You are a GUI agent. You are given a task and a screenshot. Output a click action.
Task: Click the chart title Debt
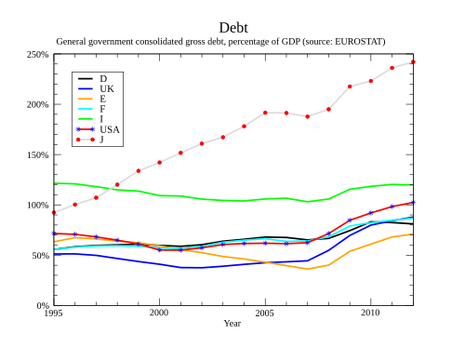pyautogui.click(x=233, y=28)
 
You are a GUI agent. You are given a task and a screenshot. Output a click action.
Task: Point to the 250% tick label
pyautogui.click(x=37, y=55)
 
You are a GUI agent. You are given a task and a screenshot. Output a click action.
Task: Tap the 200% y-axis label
pyautogui.click(x=37, y=105)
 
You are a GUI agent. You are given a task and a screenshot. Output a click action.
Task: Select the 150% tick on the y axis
pyautogui.click(x=37, y=155)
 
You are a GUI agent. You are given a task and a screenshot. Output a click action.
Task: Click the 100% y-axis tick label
pyautogui.click(x=37, y=206)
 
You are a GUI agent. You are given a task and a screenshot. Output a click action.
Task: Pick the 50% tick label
pyautogui.click(x=40, y=256)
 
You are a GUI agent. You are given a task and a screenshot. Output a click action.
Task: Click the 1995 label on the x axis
pyautogui.click(x=53, y=313)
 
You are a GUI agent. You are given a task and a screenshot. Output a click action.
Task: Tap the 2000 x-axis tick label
pyautogui.click(x=159, y=313)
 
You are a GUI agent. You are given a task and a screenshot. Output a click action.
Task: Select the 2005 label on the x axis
pyautogui.click(x=265, y=313)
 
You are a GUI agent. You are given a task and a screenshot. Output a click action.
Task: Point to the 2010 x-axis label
pyautogui.click(x=370, y=313)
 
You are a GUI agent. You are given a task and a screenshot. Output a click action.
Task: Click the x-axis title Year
pyautogui.click(x=232, y=324)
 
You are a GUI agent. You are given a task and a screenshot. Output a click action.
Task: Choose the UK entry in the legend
pyautogui.click(x=107, y=89)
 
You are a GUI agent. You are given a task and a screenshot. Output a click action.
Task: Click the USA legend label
pyautogui.click(x=110, y=129)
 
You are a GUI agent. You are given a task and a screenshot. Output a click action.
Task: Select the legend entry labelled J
pyautogui.click(x=101, y=140)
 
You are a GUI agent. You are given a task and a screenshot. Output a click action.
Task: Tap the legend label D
pyautogui.click(x=103, y=79)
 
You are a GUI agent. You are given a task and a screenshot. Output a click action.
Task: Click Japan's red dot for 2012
pyautogui.click(x=413, y=62)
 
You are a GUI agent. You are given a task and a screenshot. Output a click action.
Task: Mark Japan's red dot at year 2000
pyautogui.click(x=159, y=163)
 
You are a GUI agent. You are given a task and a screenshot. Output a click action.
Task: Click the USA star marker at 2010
pyautogui.click(x=371, y=213)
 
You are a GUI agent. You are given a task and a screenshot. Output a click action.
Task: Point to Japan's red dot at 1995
pyautogui.click(x=54, y=213)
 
